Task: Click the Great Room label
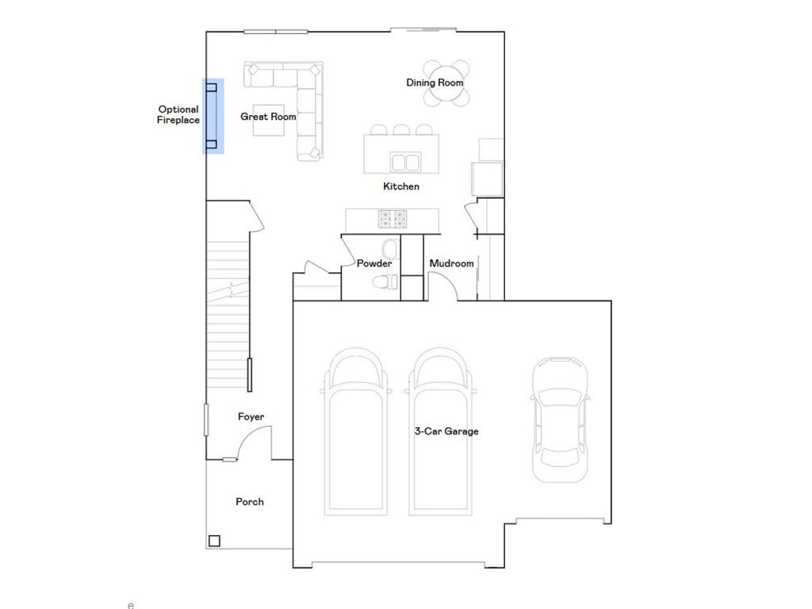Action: (x=268, y=117)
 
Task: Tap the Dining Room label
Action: (x=435, y=82)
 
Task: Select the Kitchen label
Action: (x=401, y=186)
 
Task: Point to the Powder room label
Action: (x=374, y=263)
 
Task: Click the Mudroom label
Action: (x=451, y=263)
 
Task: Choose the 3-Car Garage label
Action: (x=446, y=431)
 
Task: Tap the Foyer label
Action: (x=251, y=417)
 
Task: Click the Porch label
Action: (x=250, y=502)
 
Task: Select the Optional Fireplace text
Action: (x=178, y=115)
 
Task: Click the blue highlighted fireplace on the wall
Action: (x=213, y=116)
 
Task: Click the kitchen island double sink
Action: (x=406, y=163)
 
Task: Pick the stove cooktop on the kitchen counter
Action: (x=393, y=218)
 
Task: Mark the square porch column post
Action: (x=214, y=542)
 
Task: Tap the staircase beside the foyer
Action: (x=228, y=317)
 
